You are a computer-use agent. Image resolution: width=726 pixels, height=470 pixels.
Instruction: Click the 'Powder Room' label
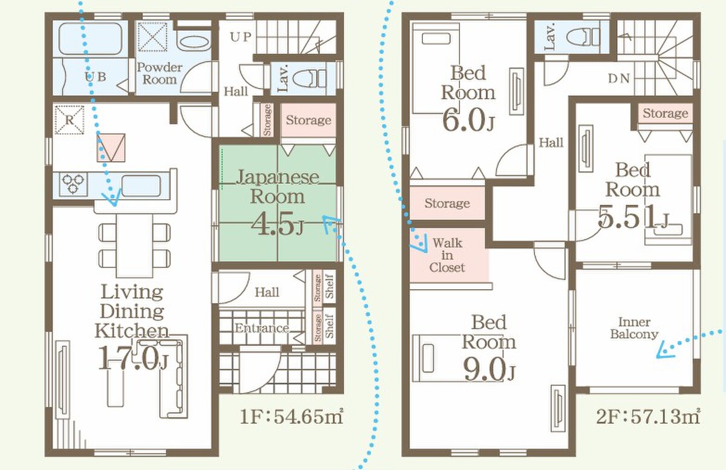pos(160,73)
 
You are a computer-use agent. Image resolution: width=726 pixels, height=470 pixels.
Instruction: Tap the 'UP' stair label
pos(241,37)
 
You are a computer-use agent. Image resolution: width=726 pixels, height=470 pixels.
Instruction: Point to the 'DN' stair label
pos(619,79)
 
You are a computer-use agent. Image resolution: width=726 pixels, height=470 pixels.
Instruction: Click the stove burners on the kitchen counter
pos(73,183)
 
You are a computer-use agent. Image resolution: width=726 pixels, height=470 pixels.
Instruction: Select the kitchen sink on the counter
pos(141,186)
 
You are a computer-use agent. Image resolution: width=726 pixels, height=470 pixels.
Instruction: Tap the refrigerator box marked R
pos(70,120)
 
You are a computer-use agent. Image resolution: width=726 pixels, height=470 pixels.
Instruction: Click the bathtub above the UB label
pos(90,39)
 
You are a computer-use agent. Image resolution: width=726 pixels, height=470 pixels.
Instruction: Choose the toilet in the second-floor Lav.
pos(583,37)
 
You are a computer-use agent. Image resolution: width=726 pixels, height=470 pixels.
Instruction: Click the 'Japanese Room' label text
pos(278,187)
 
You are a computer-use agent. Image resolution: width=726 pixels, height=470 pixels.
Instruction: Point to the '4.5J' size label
pos(278,224)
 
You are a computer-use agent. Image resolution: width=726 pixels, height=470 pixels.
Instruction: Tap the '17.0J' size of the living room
pos(132,358)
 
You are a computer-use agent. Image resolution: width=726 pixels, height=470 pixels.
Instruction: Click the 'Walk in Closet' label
pos(447,255)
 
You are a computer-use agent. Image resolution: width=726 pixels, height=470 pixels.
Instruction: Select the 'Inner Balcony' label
pos(634,328)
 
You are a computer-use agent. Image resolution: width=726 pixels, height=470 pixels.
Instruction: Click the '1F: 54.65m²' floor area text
pos(292,417)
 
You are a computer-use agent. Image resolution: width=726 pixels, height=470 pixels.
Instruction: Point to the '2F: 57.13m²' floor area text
pos(648,417)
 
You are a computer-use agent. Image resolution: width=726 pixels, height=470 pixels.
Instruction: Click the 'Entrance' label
pos(262,328)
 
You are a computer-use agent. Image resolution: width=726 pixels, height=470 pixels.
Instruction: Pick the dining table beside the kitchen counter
pos(134,246)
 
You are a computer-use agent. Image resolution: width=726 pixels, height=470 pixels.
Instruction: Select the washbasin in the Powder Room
pos(193,43)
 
